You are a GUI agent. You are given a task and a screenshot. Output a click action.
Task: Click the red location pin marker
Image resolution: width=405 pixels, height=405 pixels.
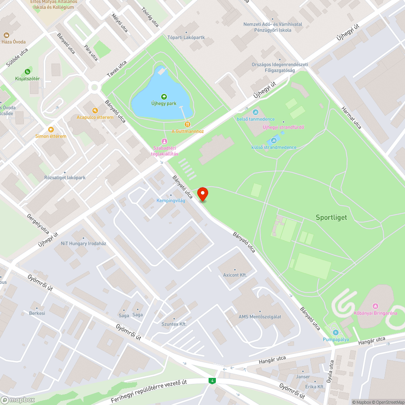202,194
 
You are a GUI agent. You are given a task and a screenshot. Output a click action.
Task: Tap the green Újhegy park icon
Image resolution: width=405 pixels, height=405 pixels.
164,96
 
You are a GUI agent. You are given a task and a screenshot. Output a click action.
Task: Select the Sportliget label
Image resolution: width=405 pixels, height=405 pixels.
331,217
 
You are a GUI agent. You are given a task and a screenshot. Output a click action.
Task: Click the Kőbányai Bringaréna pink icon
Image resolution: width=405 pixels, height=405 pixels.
375,306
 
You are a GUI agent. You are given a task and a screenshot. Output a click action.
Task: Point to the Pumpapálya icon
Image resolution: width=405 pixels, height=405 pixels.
336,333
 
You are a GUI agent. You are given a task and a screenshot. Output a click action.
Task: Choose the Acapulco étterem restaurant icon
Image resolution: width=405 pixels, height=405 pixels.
95,110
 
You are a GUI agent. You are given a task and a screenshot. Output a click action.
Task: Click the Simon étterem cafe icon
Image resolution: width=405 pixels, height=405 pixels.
51,129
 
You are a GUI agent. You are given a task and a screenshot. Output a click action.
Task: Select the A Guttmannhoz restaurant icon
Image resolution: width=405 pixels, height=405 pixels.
187,124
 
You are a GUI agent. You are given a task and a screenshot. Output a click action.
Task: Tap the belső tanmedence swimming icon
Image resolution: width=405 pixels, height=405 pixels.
256,112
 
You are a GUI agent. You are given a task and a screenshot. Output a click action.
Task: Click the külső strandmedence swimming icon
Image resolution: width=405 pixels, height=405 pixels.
274,141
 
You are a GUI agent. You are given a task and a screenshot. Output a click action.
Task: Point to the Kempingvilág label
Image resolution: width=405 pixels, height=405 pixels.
171,200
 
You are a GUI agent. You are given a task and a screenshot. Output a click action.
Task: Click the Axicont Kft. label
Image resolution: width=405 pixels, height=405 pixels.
235,275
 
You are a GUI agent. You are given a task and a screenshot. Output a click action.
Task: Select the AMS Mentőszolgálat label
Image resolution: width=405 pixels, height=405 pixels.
260,317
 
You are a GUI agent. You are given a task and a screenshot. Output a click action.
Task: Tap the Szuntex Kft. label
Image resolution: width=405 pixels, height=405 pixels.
174,324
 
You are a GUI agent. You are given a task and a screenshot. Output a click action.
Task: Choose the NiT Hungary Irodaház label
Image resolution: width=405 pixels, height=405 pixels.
83,243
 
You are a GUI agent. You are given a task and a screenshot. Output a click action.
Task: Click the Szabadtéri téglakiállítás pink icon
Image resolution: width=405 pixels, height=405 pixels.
164,141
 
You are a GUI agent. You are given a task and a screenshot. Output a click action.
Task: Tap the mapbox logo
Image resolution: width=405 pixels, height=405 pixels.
18,400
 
